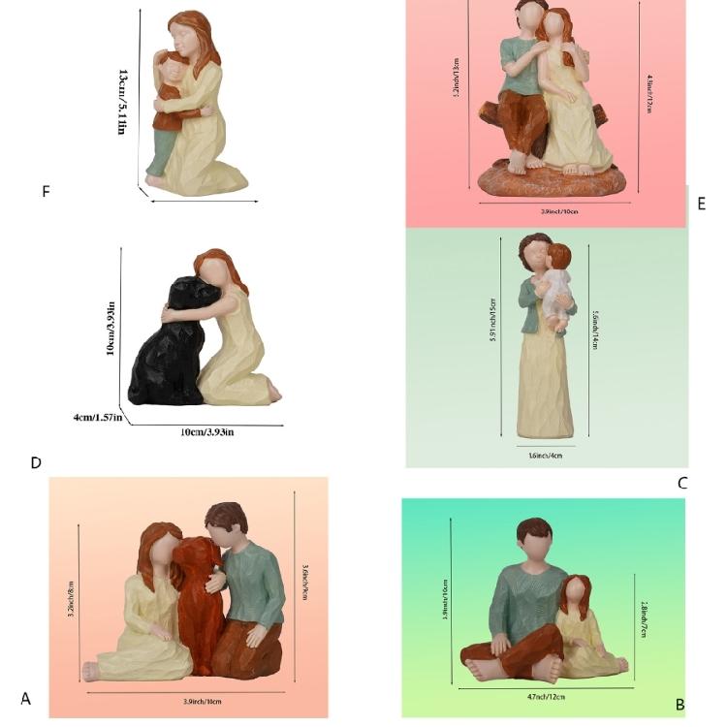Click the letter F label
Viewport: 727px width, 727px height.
(x=46, y=192)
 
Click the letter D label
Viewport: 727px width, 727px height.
(x=36, y=462)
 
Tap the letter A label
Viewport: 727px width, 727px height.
(x=26, y=698)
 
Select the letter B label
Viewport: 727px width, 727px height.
(x=680, y=705)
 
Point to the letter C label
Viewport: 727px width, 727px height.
(x=682, y=483)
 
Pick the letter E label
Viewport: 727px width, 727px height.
(x=701, y=204)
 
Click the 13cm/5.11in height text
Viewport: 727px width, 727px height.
(x=123, y=102)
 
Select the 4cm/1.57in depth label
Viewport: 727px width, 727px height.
(x=97, y=418)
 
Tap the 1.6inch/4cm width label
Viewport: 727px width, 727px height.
(x=545, y=455)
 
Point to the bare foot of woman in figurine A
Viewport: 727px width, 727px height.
(x=92, y=670)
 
